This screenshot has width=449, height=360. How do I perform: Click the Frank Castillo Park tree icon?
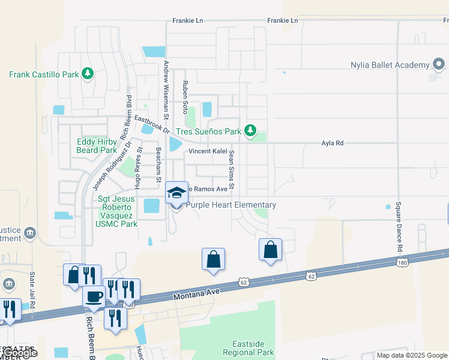(88, 73)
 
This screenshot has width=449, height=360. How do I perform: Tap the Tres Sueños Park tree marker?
(250, 130)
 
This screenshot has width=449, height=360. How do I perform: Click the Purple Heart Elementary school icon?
(176, 193)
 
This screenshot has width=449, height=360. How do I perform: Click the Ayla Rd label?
(332, 143)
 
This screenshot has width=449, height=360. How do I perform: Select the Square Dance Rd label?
(398, 226)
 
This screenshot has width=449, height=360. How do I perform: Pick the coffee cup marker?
(94, 296)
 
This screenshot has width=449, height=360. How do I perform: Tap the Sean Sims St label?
(230, 167)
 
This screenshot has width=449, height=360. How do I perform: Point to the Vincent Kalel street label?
(208, 151)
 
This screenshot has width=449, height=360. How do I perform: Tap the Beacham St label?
(158, 164)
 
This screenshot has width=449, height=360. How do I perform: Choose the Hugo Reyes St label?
(139, 169)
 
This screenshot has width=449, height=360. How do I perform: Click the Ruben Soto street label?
(185, 98)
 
